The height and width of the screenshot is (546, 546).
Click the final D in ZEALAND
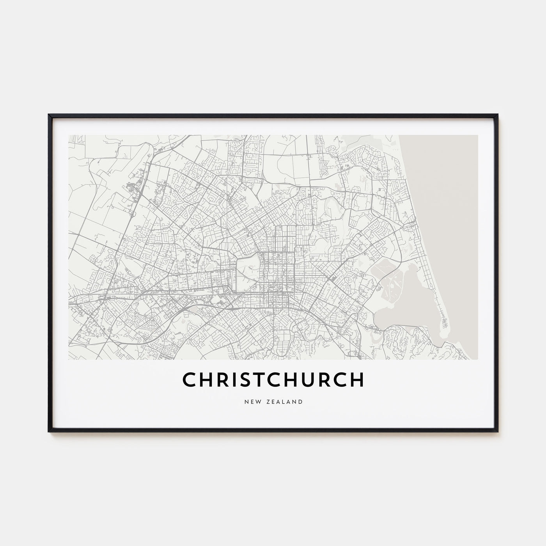pos(300,401)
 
